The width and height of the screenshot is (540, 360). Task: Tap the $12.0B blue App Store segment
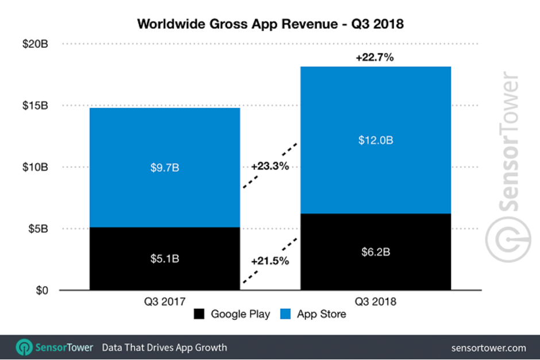(x=375, y=140)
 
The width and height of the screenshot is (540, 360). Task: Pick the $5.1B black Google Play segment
(x=164, y=258)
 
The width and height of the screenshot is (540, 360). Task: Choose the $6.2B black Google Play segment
(x=375, y=252)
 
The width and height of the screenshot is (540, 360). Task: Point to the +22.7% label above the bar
(x=375, y=58)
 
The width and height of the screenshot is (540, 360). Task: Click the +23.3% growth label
(x=269, y=166)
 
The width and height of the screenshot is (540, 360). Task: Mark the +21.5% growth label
(x=269, y=261)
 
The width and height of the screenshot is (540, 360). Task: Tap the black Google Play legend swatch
(x=199, y=314)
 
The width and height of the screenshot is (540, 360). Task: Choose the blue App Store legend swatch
(x=286, y=314)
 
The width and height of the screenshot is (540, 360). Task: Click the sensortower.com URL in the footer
(x=488, y=347)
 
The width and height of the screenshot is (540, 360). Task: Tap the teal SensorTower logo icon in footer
(x=24, y=347)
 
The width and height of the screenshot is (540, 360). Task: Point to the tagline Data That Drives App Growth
(x=164, y=347)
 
